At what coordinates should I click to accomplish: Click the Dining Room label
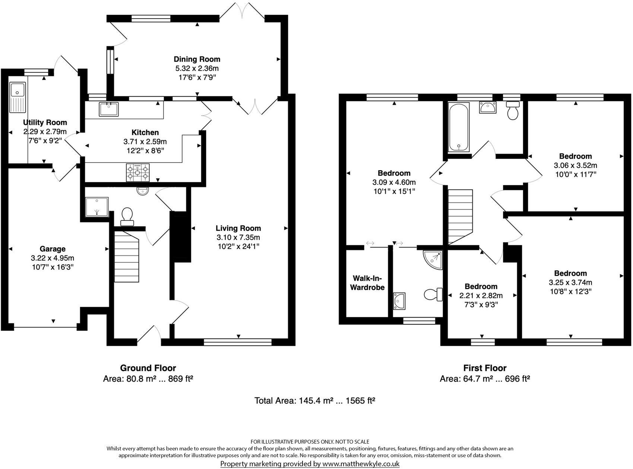tap(197, 59)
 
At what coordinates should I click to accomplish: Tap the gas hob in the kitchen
tap(137, 173)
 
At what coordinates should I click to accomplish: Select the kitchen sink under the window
tap(108, 109)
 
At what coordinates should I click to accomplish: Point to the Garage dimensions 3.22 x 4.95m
tap(53, 258)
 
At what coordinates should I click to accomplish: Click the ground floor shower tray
tap(96, 207)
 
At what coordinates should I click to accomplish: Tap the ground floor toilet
tap(127, 216)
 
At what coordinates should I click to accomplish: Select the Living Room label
tap(238, 228)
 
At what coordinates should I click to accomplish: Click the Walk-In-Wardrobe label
tap(368, 283)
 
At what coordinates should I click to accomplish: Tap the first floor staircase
tap(460, 216)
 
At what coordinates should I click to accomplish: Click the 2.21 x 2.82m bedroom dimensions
tap(481, 296)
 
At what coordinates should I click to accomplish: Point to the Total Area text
tap(314, 401)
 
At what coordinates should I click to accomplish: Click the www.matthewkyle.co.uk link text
tap(361, 464)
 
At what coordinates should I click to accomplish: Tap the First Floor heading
tap(484, 368)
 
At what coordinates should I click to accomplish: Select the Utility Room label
tap(45, 122)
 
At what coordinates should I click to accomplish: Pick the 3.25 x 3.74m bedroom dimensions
tap(570, 282)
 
